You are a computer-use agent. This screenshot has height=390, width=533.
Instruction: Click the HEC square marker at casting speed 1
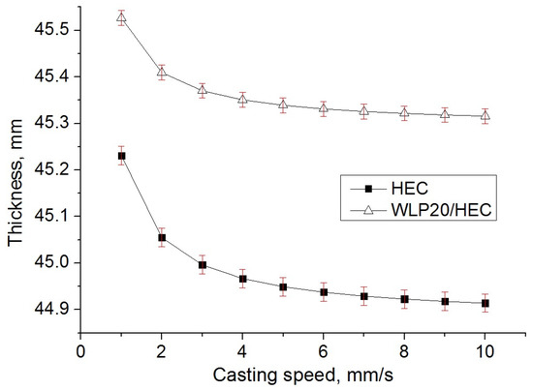click(x=121, y=156)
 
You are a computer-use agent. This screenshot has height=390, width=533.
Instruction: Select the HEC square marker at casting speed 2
click(x=162, y=237)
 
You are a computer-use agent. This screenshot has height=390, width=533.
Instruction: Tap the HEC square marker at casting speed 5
click(x=283, y=286)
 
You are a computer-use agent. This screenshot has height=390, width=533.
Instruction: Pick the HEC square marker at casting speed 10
click(x=486, y=303)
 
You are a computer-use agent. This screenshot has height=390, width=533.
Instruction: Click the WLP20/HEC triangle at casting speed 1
click(x=121, y=17)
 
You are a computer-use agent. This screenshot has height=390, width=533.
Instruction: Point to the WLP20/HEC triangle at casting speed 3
click(x=203, y=90)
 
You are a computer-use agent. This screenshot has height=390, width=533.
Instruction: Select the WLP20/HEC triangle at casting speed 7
click(x=364, y=110)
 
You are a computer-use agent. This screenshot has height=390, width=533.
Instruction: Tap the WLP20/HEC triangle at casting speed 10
click(x=486, y=116)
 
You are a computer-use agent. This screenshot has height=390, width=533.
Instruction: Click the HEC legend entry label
click(x=410, y=188)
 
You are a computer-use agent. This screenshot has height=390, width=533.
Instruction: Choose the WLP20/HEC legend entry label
click(x=441, y=209)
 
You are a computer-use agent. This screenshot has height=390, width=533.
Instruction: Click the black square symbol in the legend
click(x=368, y=189)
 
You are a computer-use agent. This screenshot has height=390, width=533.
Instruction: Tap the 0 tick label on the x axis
click(x=80, y=351)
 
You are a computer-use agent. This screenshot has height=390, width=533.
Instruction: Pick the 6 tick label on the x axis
click(x=324, y=351)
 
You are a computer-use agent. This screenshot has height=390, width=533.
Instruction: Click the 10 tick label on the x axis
click(x=486, y=351)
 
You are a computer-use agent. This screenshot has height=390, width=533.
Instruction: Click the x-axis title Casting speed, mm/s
click(x=302, y=375)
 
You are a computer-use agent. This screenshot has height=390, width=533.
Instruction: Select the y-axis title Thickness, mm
click(x=16, y=183)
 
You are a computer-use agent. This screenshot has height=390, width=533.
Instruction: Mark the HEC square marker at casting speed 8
click(x=404, y=299)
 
